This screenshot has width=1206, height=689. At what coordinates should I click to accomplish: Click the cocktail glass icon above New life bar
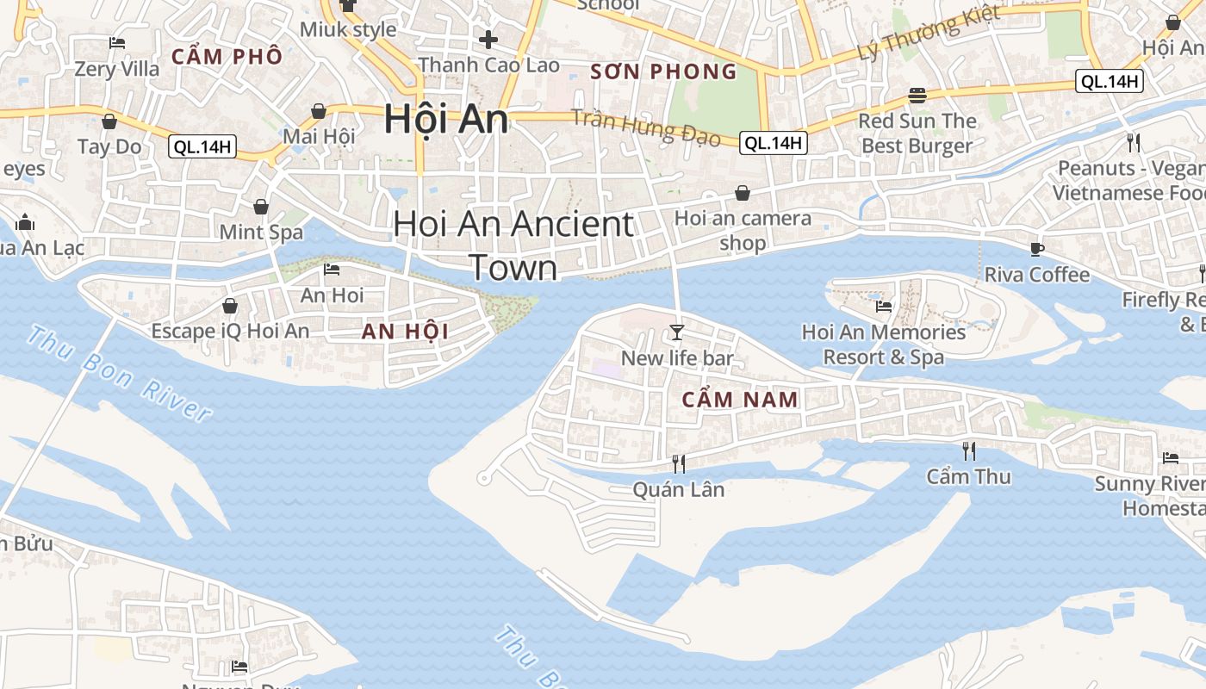pyautogui.click(x=677, y=332)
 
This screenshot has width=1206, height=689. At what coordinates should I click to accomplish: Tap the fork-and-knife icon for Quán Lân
pyautogui.click(x=679, y=464)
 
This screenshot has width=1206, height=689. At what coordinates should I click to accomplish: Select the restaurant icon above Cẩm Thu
pyautogui.click(x=969, y=450)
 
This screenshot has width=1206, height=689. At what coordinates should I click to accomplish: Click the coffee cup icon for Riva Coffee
pyautogui.click(x=1037, y=249)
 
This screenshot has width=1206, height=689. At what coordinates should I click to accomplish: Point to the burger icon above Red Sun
pyautogui.click(x=917, y=96)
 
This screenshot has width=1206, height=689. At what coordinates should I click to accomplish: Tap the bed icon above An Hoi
pyautogui.click(x=332, y=270)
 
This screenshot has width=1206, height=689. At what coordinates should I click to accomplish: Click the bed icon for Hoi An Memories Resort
pyautogui.click(x=883, y=306)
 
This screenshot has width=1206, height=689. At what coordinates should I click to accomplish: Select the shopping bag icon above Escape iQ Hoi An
pyautogui.click(x=230, y=305)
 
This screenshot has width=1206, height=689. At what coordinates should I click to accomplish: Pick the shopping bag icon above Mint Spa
pyautogui.click(x=261, y=207)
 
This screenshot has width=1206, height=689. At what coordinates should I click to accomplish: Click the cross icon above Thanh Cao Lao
pyautogui.click(x=488, y=40)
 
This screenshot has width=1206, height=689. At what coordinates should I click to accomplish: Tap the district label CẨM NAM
pyautogui.click(x=740, y=400)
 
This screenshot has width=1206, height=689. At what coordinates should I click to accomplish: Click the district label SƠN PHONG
pyautogui.click(x=663, y=71)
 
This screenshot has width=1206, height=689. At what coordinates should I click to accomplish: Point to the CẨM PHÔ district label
pyautogui.click(x=227, y=57)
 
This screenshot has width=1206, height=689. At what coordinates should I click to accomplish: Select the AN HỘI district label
pyautogui.click(x=405, y=332)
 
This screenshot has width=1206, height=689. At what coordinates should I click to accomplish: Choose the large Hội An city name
pyautogui.click(x=445, y=119)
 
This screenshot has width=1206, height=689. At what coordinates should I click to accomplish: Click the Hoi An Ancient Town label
pyautogui.click(x=513, y=245)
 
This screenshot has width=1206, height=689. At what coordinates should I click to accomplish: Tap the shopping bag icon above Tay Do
pyautogui.click(x=109, y=121)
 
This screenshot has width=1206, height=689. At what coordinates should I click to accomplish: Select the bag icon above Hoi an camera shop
pyautogui.click(x=743, y=193)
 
